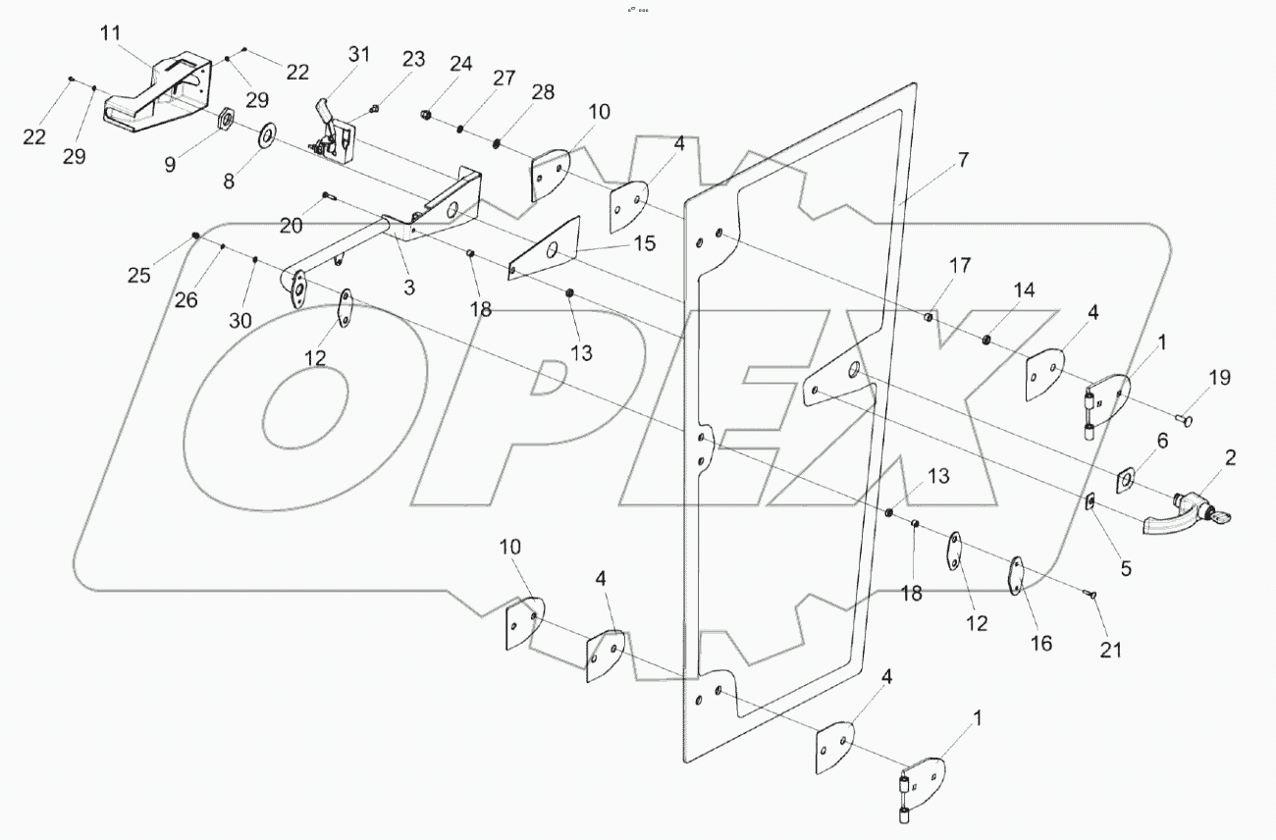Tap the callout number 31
(x=359, y=55)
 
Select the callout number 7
(x=963, y=160)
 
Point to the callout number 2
(x=1230, y=457)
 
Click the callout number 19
(x=1218, y=378)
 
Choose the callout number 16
(x=1040, y=644)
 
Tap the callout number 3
(x=409, y=288)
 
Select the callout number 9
(x=171, y=164)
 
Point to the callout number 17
(x=959, y=265)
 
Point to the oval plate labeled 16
(x=1017, y=575)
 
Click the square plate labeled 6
(x=1126, y=480)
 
